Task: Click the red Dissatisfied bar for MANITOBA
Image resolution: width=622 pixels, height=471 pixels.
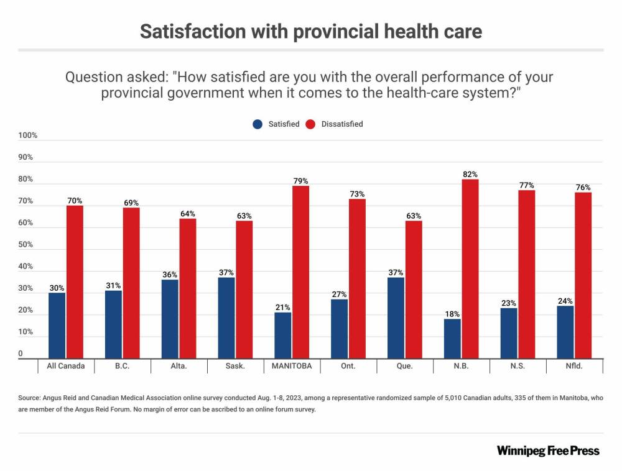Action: pos(300,272)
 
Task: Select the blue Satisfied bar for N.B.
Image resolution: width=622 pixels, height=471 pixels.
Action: pos(452,339)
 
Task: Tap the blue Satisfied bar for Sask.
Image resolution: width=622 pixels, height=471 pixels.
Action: pos(226,318)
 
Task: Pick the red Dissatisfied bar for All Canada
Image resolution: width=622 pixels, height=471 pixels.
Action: pos(75,281)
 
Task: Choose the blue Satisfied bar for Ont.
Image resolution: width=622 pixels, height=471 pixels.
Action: pos(339,329)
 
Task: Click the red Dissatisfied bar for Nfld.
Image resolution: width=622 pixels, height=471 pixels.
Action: pos(583,275)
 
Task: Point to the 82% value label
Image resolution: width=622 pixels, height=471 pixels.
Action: pos(470,175)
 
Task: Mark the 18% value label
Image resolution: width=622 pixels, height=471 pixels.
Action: pos(452,314)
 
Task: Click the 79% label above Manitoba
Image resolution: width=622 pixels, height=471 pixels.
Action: pos(300,181)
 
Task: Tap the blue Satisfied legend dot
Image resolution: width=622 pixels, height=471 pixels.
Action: pos(258,124)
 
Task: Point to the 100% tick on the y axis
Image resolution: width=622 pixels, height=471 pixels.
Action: pos(28,135)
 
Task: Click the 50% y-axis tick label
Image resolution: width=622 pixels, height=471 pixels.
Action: pos(26,245)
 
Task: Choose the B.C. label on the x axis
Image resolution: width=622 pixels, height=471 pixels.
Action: pos(122,366)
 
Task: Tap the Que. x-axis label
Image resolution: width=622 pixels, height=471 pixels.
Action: pos(404,366)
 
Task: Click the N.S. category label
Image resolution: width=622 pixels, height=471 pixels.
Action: pos(518,366)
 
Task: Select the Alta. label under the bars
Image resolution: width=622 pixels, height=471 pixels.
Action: pos(179,366)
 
